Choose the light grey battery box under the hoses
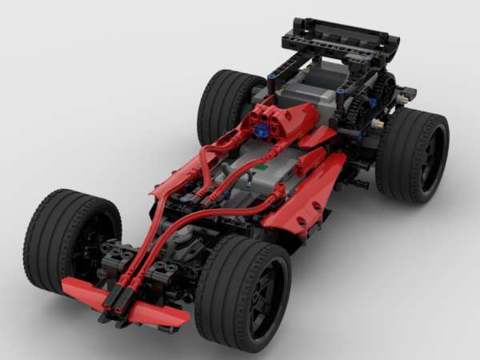tap(240, 172)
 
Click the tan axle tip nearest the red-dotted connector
tap(381, 124)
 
